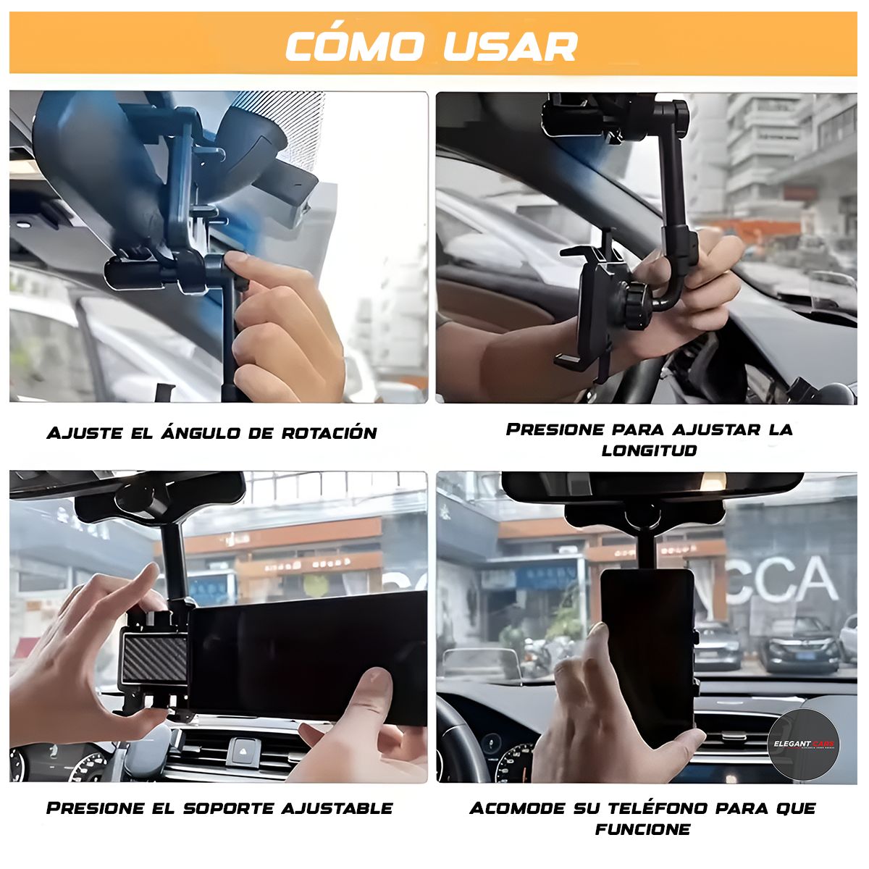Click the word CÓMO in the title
click(x=354, y=47)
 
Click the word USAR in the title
click(x=510, y=47)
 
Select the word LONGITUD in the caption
click(x=649, y=450)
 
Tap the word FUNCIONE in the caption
click(x=642, y=829)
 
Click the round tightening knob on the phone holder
click(x=637, y=306)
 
